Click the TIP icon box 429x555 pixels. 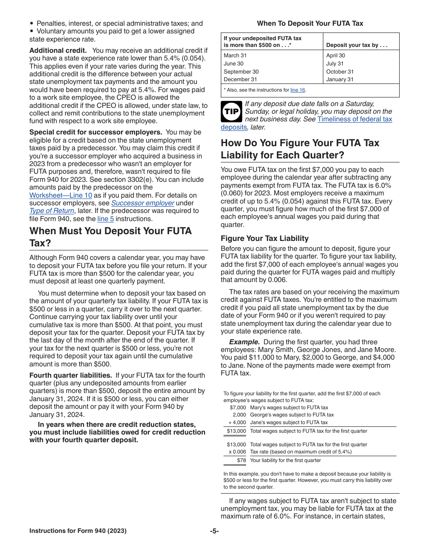point(231,111)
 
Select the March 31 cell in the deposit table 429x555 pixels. point(235,55)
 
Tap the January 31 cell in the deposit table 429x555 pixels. point(340,79)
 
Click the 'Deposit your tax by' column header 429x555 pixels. point(357,46)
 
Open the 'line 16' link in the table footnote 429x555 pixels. point(298,90)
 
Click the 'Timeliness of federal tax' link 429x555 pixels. point(354,119)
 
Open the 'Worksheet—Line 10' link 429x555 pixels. point(61,195)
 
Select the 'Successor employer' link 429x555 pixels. point(143,203)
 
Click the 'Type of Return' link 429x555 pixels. point(51,211)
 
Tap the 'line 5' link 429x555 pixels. point(106,219)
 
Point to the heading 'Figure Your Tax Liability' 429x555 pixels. point(265,238)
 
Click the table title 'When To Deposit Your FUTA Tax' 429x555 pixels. point(310,23)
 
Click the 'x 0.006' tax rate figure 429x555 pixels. point(237,452)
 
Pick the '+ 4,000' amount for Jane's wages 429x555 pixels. point(237,422)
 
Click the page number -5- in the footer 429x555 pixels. point(214,531)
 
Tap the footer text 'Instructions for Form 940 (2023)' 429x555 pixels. point(78,531)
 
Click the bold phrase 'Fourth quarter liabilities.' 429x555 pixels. point(70,375)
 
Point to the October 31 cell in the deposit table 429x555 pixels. point(340,72)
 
